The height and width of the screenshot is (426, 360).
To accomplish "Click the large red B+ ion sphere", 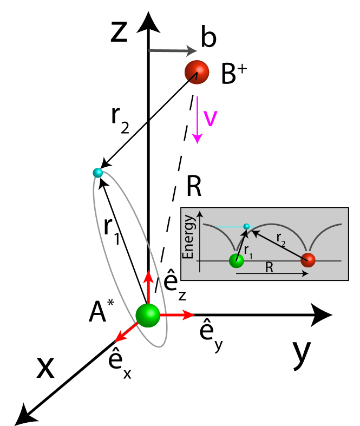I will [197, 71].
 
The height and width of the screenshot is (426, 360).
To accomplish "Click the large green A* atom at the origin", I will [147, 315].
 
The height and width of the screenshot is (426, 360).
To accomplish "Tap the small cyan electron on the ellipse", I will [98, 173].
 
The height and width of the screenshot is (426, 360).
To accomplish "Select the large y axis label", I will [302, 352].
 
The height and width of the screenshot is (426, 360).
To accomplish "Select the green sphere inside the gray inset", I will [236, 260].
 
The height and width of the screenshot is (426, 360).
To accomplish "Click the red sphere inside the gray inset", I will [308, 260].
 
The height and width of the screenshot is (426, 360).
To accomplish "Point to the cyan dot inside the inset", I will [246, 226].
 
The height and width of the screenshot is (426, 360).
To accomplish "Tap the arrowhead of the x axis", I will [25, 414].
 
